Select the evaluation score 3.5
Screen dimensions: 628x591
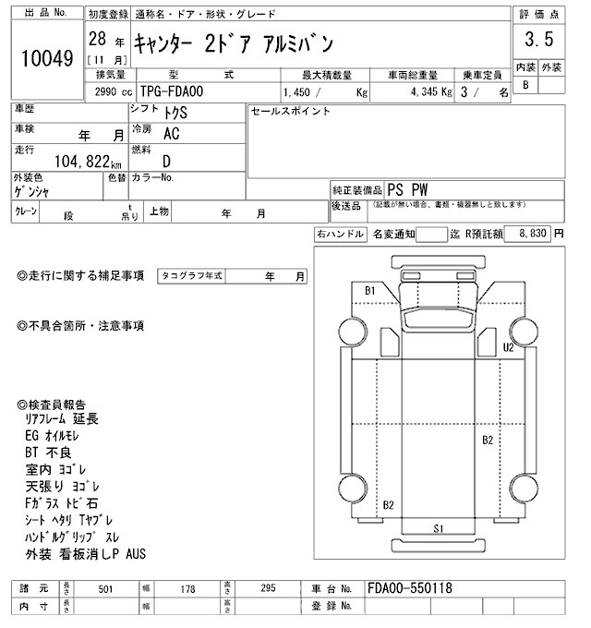coord(539,40)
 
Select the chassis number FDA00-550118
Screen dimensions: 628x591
coord(409,588)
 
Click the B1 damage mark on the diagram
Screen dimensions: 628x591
coord(369,291)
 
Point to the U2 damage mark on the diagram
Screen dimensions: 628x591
coord(508,347)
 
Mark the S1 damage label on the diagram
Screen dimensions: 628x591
coord(440,528)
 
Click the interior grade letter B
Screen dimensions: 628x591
coord(525,85)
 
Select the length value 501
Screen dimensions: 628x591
coord(105,589)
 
